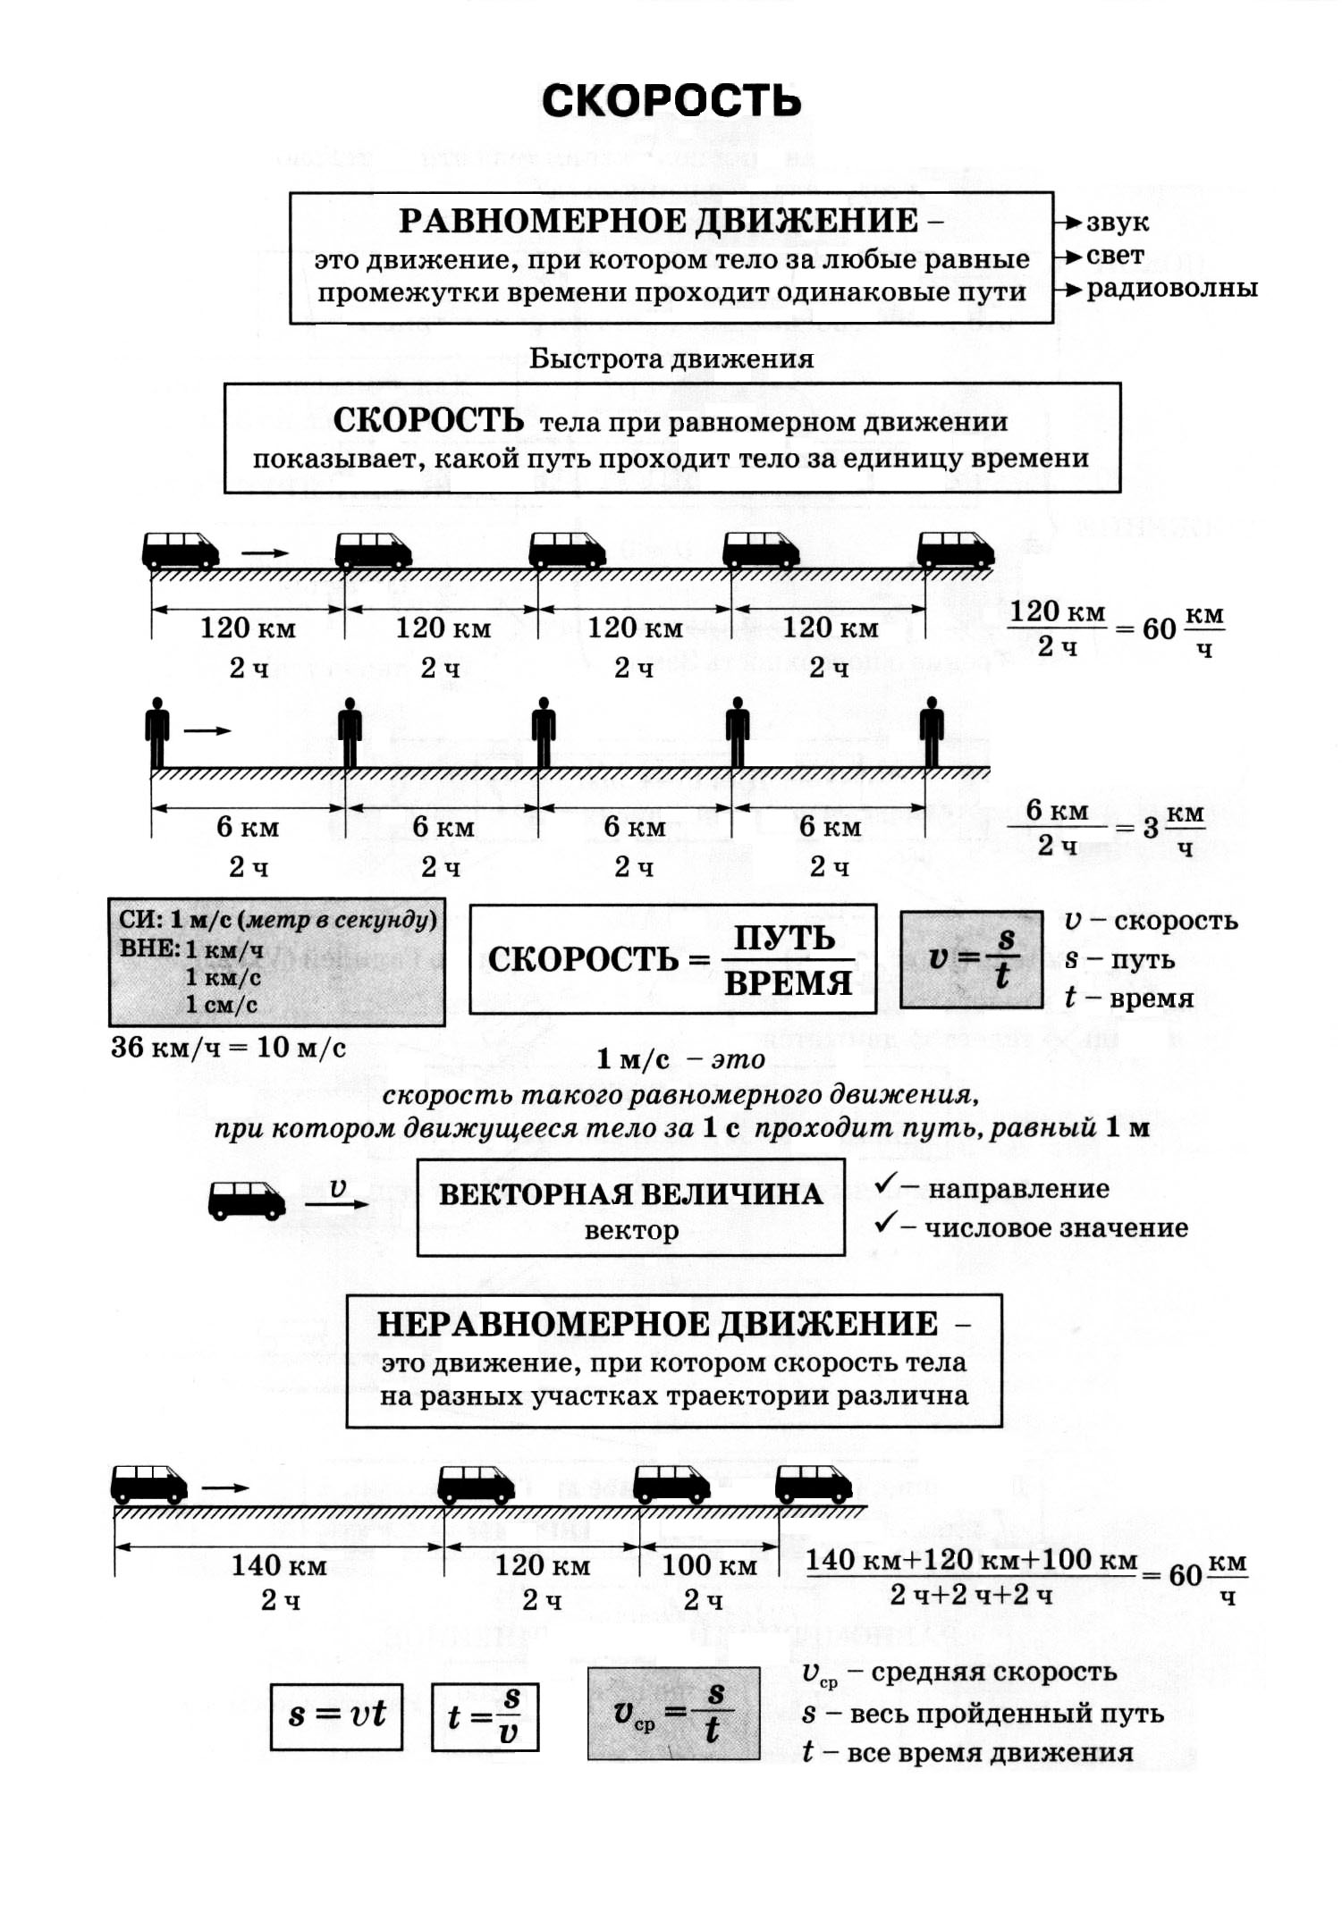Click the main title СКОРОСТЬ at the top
coord(671,100)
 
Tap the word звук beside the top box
coord(1118,223)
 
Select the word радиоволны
coord(1172,288)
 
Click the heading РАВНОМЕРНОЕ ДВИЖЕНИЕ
coord(659,221)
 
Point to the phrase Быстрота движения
coord(671,359)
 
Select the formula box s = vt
coord(336,1717)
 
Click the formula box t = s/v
coord(485,1717)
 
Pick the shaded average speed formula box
coord(674,1714)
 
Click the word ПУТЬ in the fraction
coord(784,938)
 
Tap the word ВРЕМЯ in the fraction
coord(788,982)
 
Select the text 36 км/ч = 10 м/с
coord(228,1047)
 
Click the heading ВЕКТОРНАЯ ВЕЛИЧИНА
coord(630,1194)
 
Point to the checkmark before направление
coord(885,1184)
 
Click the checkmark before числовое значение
coord(885,1221)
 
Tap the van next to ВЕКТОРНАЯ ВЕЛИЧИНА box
coord(247,1201)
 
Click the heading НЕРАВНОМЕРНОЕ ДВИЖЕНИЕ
coord(658,1324)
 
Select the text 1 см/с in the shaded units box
coord(222,1005)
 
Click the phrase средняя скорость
coord(994,1672)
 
